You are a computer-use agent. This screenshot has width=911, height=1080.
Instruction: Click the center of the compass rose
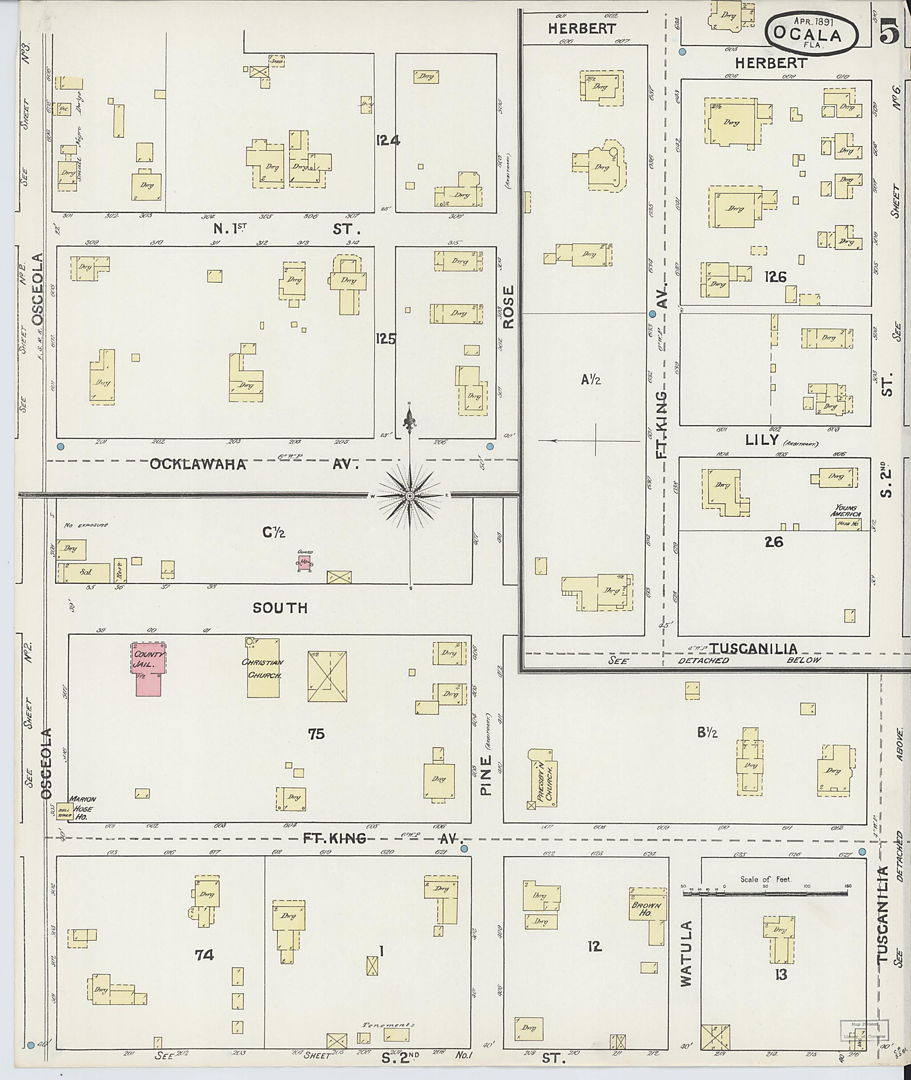coord(410,496)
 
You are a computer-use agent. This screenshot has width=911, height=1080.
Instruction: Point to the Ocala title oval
coord(811,33)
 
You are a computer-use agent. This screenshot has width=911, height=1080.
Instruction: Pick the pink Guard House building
coord(304,564)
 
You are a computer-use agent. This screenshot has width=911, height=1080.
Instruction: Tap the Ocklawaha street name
coord(198,464)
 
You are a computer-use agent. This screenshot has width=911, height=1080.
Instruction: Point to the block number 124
coord(388,140)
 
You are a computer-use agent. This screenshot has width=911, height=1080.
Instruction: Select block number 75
coord(316,734)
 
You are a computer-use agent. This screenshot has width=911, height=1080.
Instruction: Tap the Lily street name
coord(762,440)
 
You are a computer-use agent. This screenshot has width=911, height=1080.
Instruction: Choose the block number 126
coord(775,277)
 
